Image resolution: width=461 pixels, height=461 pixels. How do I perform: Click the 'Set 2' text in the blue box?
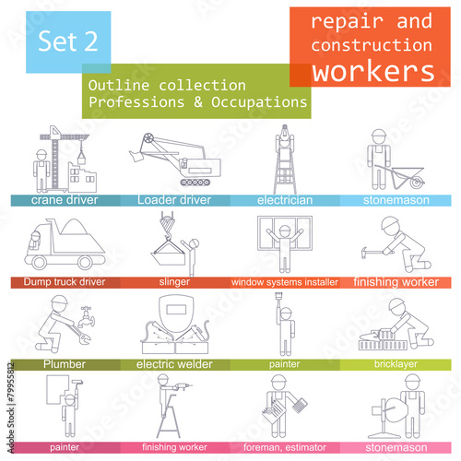point(68,41)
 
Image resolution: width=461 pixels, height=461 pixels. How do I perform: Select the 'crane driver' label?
point(65,200)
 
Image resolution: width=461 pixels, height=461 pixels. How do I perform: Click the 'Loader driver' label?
point(174,200)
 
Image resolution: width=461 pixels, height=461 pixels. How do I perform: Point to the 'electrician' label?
point(285,200)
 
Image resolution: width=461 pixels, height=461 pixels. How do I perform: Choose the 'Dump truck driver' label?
point(65,282)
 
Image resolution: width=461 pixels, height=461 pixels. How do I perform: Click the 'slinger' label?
point(174,282)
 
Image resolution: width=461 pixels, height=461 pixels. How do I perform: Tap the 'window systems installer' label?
point(285,282)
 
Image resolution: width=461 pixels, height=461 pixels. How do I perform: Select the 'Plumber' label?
point(65,364)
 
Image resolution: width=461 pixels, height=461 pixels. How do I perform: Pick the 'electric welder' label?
point(174,364)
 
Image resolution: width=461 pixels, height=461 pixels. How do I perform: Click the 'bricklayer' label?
point(396,364)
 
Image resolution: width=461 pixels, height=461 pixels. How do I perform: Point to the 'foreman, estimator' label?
point(285,447)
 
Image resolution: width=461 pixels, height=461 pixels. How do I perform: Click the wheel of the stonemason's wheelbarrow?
point(417,183)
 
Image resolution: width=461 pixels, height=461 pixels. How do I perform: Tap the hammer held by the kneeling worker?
point(372,253)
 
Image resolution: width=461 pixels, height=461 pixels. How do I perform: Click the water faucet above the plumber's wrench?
point(86,317)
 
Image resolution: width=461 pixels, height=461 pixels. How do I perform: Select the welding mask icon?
point(176,313)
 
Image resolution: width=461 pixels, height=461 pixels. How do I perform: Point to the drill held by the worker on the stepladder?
point(183,386)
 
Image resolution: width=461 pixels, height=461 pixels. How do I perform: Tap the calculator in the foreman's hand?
point(300,406)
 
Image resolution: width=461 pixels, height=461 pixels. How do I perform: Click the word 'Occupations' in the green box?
point(259,102)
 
